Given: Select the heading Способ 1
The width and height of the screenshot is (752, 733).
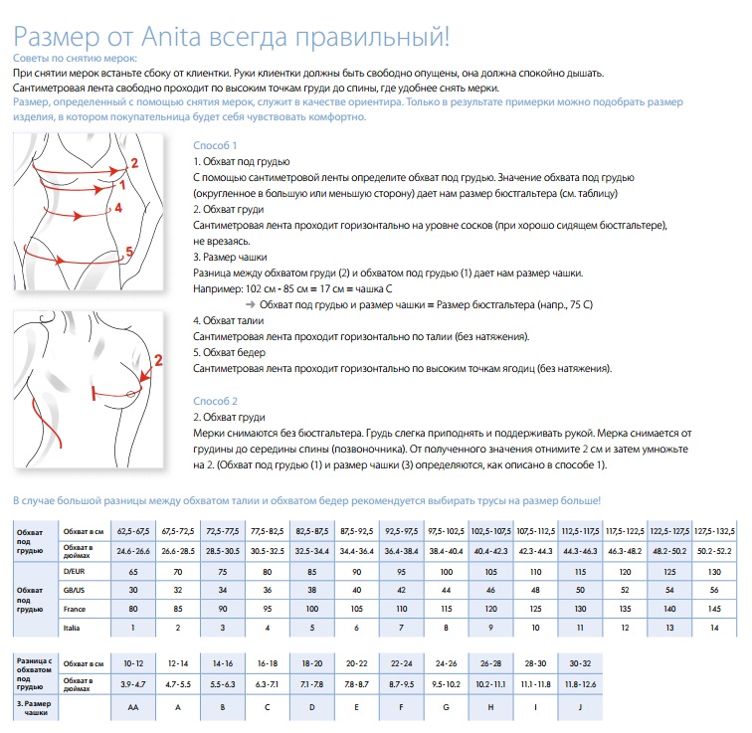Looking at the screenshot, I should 215,145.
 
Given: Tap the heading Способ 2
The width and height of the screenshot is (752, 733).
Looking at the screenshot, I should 215,402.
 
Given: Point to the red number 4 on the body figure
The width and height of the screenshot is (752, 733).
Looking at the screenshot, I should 117,208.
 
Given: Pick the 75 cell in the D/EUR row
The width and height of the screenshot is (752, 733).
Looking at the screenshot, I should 221,572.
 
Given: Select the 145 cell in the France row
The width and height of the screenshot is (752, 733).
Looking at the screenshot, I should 714,607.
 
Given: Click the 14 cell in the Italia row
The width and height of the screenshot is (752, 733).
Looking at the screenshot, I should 714,629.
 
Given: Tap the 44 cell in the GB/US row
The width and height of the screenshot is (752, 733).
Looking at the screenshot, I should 445,590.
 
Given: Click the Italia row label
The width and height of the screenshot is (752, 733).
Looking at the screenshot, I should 73,629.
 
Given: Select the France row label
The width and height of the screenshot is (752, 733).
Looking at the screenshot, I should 76,607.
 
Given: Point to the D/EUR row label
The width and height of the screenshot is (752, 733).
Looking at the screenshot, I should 75,572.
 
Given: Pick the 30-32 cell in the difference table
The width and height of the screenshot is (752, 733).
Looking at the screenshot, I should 578,662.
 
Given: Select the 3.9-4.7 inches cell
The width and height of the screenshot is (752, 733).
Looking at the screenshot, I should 132,685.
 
